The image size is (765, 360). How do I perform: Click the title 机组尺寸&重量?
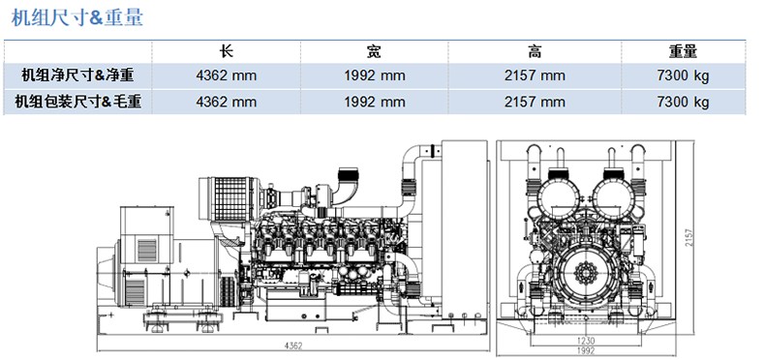pos(77,18)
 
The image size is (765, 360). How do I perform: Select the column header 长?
pos(226,51)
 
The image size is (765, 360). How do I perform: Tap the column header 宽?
pos(374,51)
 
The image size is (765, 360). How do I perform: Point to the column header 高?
pos(535,51)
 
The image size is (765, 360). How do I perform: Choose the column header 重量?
pos(683,51)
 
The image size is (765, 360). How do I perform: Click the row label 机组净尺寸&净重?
pos(77,75)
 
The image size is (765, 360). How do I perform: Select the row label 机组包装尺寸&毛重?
pos(77,102)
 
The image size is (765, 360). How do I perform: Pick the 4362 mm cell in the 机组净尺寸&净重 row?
pos(226,76)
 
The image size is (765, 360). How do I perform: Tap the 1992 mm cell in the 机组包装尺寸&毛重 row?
pos(374,102)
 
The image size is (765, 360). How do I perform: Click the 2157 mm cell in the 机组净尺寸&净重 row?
pos(535,76)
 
